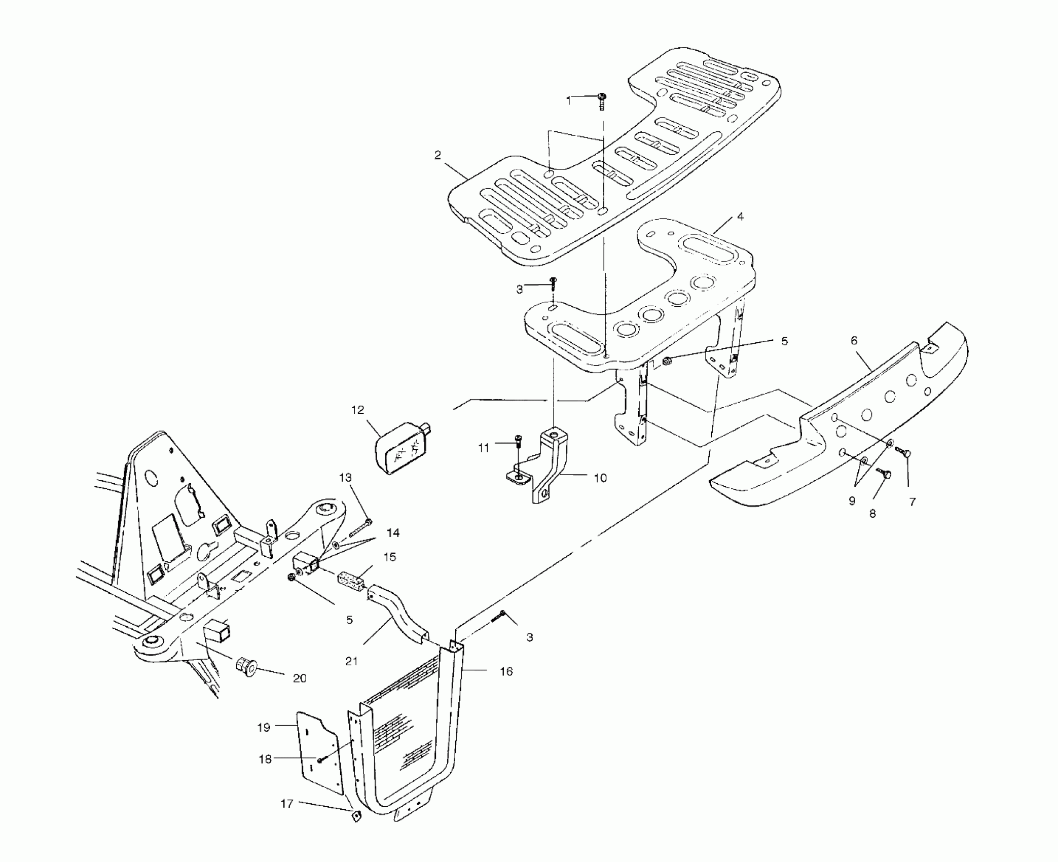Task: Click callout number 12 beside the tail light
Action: (x=358, y=410)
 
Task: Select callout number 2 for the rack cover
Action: (x=437, y=155)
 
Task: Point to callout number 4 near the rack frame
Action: (x=740, y=217)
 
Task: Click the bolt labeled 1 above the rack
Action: (x=602, y=100)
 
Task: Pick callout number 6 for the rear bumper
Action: (x=854, y=341)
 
